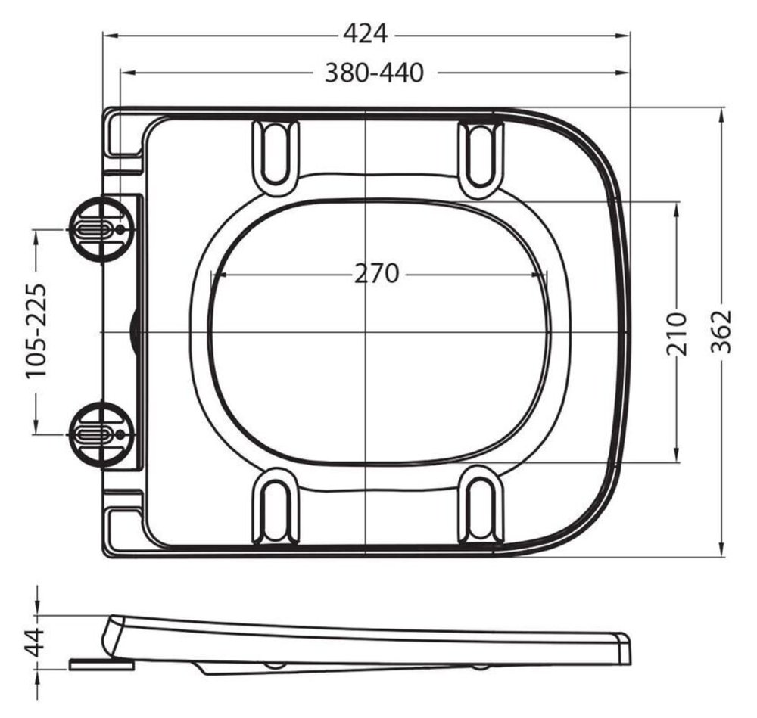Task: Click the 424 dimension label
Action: [366, 34]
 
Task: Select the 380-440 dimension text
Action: [374, 73]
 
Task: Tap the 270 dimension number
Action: [376, 274]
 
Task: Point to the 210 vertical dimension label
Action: [676, 334]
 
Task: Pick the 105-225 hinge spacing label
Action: [36, 331]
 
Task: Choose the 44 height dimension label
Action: [35, 642]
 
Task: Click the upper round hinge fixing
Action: [100, 230]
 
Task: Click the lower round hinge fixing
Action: [100, 435]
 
